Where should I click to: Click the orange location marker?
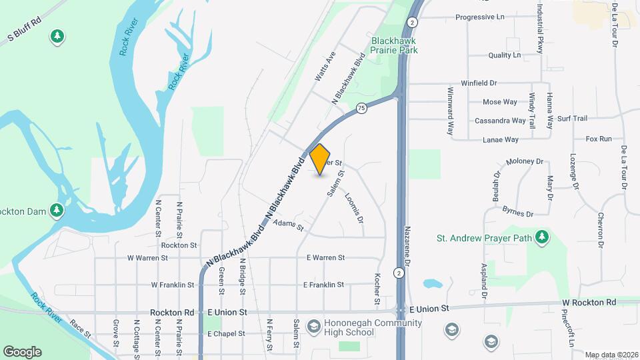(x=320, y=159)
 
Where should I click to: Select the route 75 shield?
(x=361, y=107)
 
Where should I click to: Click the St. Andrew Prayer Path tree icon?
(x=543, y=237)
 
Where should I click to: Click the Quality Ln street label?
(x=504, y=55)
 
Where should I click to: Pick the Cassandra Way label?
(x=500, y=121)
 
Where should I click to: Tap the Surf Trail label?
(x=572, y=119)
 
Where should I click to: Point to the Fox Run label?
(x=598, y=139)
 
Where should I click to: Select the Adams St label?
(x=288, y=225)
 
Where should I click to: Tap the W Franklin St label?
(x=172, y=285)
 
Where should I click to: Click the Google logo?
(x=22, y=352)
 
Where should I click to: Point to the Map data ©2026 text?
(x=611, y=355)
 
